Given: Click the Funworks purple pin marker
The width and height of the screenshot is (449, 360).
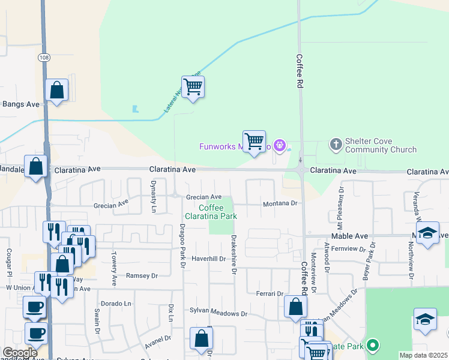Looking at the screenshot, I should (279, 145).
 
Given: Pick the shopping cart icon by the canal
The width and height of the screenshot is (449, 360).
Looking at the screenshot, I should (193, 87).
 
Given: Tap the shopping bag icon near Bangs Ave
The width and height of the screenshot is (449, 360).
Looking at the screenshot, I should (57, 91).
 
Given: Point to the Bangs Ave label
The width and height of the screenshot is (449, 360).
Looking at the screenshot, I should (21, 104).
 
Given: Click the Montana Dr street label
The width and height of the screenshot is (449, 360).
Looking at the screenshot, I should (280, 204).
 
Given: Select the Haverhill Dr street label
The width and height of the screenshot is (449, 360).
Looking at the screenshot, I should (208, 259).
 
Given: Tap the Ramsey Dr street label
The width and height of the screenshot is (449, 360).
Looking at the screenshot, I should (141, 276).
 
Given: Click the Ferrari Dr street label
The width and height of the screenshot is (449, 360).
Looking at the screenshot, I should (271, 293).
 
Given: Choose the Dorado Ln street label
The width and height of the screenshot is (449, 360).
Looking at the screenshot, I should (116, 304).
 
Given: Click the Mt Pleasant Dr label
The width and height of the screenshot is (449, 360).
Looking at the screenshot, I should (340, 205).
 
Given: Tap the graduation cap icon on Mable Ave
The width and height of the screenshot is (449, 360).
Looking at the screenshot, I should (427, 233).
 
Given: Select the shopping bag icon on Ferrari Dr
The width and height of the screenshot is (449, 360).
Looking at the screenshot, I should (295, 307).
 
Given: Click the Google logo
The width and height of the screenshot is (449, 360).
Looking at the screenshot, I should (20, 352).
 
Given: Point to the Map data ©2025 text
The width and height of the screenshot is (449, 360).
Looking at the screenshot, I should (424, 355).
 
